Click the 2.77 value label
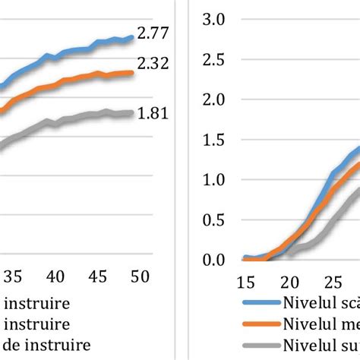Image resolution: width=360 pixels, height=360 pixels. tap(153, 33)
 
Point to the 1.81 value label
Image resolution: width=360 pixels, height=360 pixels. tap(153, 114)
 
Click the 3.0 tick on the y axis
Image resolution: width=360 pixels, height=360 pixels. tap(214, 19)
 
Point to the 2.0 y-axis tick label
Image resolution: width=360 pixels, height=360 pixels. tap(214, 99)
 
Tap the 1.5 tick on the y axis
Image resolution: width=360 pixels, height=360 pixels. tap(214, 140)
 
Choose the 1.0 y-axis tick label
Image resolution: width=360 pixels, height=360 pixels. tap(214, 180)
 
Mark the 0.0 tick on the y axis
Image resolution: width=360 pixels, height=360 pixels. tap(214, 261)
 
